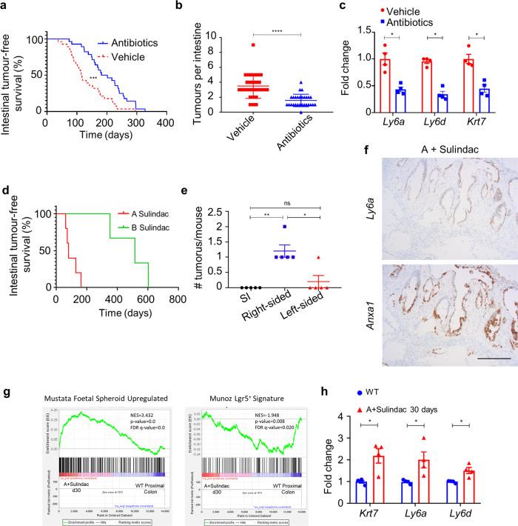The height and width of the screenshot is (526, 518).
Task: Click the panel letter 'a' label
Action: click(x=6, y=7)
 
